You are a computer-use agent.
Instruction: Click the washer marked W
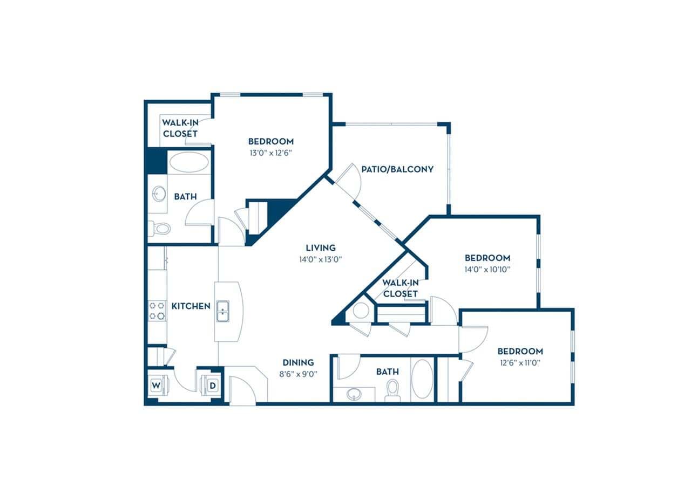tap(156, 385)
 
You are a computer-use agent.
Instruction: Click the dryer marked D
tap(212, 386)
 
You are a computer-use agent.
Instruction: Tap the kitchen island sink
tap(222, 311)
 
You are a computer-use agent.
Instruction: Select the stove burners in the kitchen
tap(157, 311)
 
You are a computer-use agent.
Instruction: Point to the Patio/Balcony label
tap(397, 169)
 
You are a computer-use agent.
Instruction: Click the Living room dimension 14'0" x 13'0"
tap(321, 259)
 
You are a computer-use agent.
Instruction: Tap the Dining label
tap(299, 362)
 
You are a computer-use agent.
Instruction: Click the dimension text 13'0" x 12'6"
tap(270, 152)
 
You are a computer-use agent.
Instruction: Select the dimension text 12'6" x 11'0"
tap(520, 362)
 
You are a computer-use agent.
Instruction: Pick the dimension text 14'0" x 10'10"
tap(487, 269)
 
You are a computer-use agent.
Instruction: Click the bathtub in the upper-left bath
tap(188, 162)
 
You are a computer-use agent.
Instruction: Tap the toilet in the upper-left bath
tap(160, 228)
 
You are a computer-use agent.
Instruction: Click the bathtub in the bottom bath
tap(422, 379)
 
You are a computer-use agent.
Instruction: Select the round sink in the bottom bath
tap(354, 393)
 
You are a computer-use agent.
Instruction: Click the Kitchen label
tap(191, 306)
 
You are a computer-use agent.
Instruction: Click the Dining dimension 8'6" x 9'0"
tap(299, 373)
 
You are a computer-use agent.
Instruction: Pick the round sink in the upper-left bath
tap(159, 194)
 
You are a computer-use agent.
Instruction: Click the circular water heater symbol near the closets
tap(360, 311)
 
